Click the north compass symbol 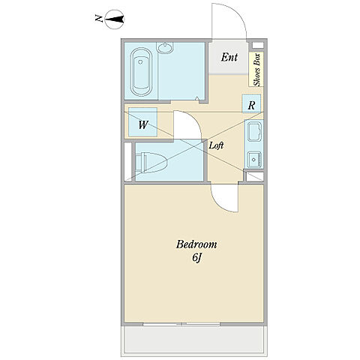coord(115,19)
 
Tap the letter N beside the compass coord(99,19)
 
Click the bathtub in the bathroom coord(141,72)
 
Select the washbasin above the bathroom coord(164,48)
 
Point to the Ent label coord(229,57)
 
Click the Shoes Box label coord(256,70)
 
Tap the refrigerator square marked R coord(251,103)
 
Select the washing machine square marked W coord(142,122)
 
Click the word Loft coord(216,145)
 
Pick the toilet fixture coord(151,163)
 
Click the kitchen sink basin coord(254,132)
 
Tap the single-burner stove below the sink coord(254,160)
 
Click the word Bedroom coord(196,244)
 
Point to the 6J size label coord(197,258)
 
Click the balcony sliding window coord(181,324)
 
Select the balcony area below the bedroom coord(194,340)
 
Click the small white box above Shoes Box coord(257,45)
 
